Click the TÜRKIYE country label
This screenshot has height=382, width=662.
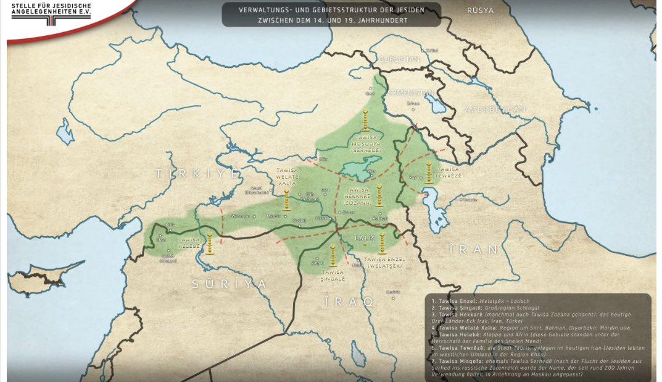[197, 174]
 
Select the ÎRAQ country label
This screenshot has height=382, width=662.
[349, 302]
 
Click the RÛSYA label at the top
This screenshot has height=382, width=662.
[481, 11]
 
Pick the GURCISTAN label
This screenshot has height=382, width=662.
[400, 59]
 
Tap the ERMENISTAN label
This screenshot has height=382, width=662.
[411, 93]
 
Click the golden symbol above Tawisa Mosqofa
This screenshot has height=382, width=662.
[365, 119]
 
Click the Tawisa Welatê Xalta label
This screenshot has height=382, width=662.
[288, 176]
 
